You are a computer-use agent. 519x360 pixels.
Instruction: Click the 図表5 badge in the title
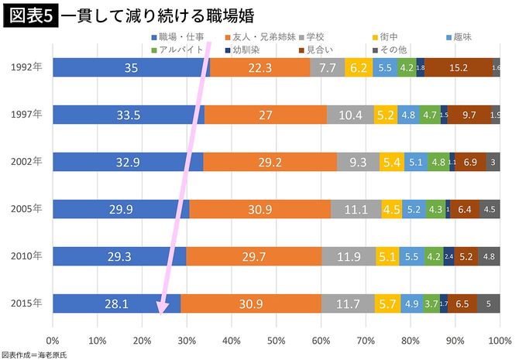click(x=28, y=15)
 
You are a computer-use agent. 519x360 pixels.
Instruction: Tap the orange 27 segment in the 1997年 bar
click(x=265, y=115)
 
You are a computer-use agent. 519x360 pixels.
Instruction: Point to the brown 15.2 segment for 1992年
click(x=458, y=68)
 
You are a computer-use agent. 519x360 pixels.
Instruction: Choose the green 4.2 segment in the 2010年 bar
click(x=434, y=256)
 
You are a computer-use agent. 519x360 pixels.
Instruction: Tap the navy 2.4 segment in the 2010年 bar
click(x=449, y=256)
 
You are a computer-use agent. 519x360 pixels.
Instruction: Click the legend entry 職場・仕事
click(x=177, y=36)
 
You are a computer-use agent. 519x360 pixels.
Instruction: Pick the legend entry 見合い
click(x=322, y=49)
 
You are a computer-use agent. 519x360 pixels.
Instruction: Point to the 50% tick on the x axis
click(x=277, y=340)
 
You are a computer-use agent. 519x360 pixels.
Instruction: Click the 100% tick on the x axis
click(x=499, y=340)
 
